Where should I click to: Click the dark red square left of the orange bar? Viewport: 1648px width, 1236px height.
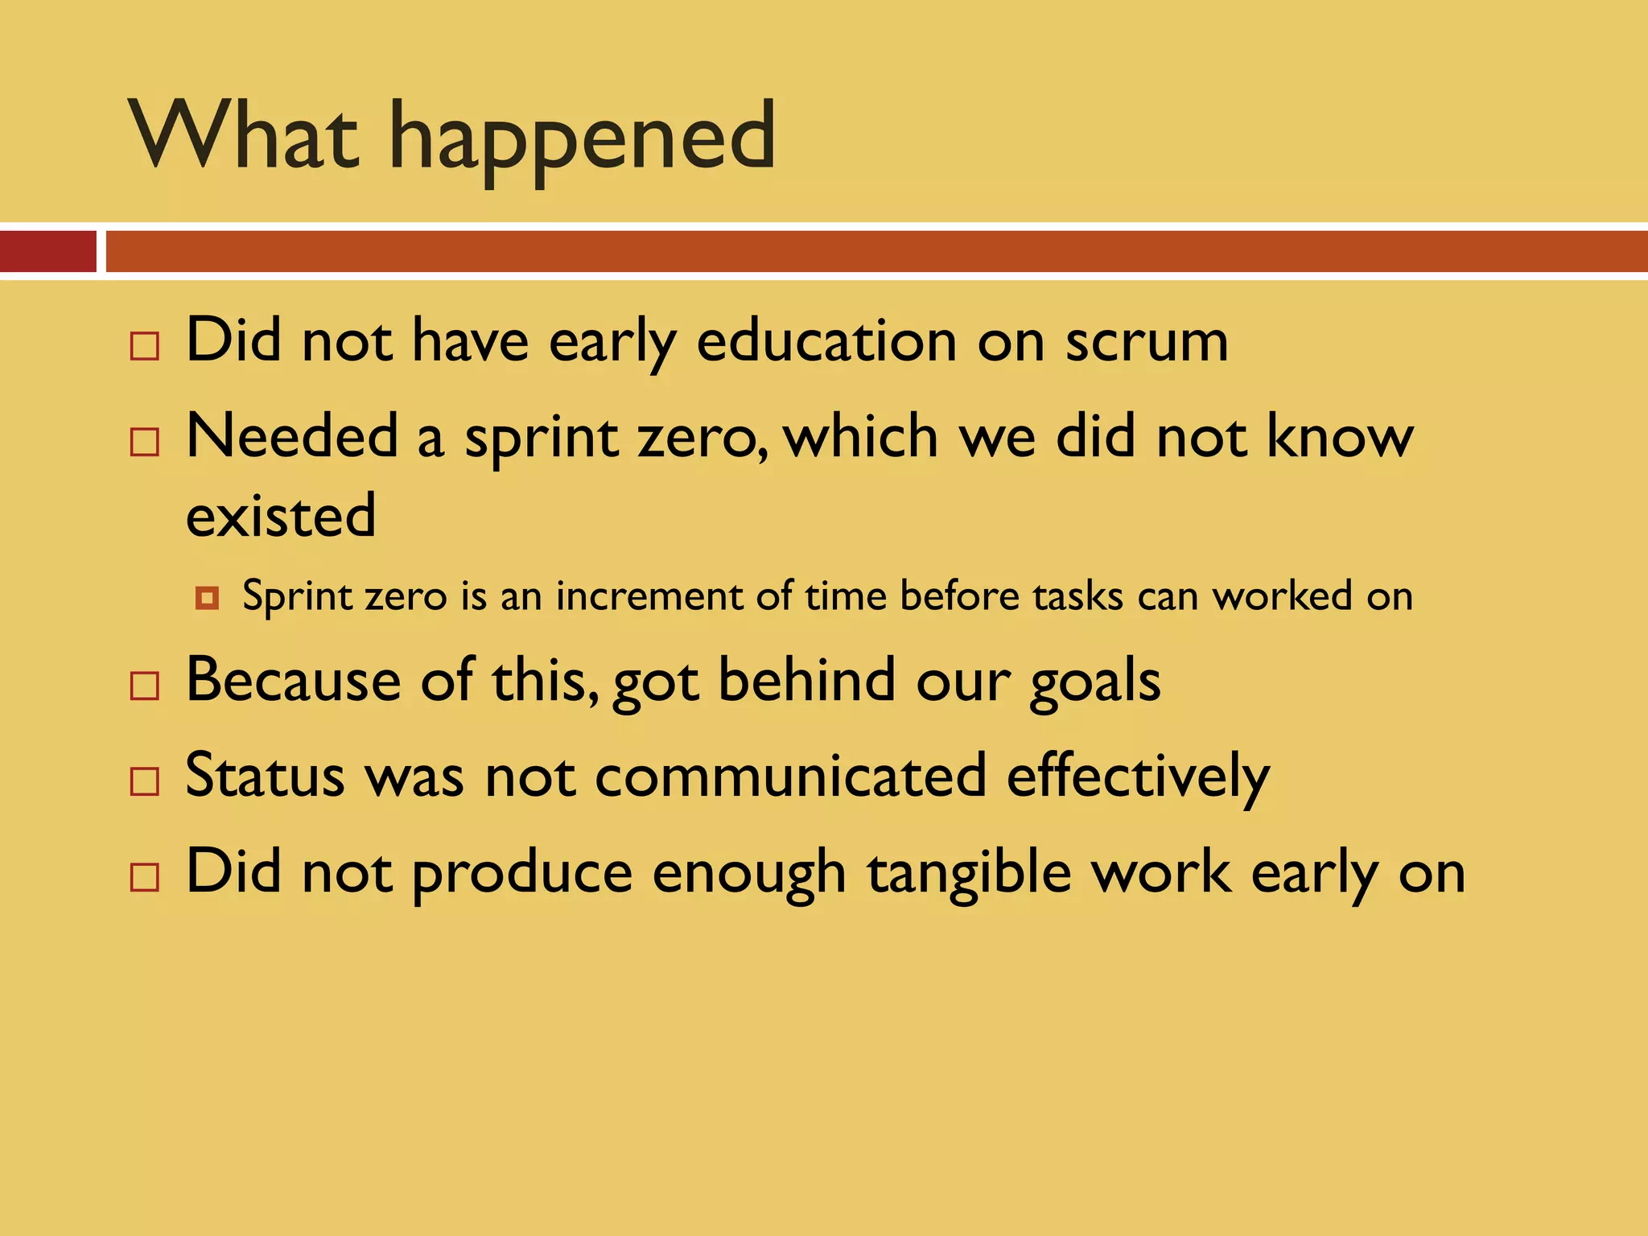(47, 251)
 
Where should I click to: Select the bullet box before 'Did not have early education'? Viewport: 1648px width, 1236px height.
(145, 346)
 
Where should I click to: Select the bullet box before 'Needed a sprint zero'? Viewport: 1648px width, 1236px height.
(145, 443)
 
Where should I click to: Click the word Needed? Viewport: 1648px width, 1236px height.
(292, 436)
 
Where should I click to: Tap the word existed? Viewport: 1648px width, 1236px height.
(281, 516)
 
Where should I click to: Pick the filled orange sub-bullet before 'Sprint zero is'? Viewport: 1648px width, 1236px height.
(207, 598)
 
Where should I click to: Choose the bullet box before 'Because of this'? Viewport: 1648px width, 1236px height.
(145, 686)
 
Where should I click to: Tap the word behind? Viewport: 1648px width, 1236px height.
(807, 680)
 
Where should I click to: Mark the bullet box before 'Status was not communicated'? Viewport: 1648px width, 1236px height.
(145, 781)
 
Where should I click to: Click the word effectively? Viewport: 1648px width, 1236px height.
(1137, 777)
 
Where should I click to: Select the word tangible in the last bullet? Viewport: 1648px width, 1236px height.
(970, 873)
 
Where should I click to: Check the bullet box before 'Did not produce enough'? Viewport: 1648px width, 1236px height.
(145, 877)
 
